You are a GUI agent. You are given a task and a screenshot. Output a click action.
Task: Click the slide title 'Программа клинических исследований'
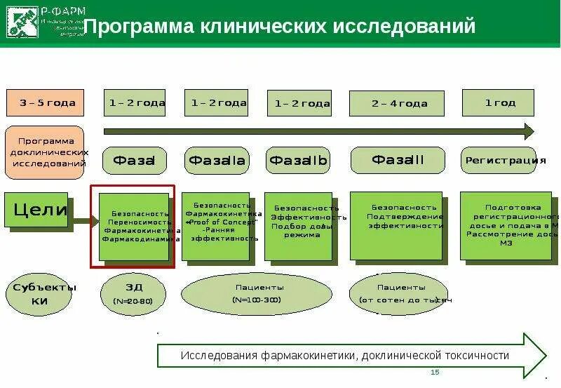pyautogui.click(x=280, y=27)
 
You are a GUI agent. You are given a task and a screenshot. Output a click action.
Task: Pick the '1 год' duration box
pyautogui.click(x=499, y=102)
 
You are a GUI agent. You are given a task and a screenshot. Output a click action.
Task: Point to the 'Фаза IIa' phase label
pyautogui.click(x=217, y=161)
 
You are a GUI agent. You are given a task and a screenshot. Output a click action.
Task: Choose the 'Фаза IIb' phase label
pyautogui.click(x=299, y=161)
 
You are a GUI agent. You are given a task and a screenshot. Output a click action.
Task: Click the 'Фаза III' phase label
pyautogui.click(x=397, y=160)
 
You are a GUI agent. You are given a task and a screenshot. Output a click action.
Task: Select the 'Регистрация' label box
pyautogui.click(x=499, y=161)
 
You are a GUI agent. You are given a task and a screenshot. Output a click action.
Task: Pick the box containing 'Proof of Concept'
pyautogui.click(x=217, y=226)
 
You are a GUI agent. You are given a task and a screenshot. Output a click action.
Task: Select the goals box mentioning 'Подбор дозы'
pyautogui.click(x=299, y=227)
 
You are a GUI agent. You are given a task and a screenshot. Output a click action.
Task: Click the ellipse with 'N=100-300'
pyautogui.click(x=257, y=294)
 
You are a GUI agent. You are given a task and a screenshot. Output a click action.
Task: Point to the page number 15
pyautogui.click(x=435, y=372)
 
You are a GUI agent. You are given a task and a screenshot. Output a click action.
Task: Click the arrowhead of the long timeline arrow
pyautogui.click(x=529, y=131)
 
